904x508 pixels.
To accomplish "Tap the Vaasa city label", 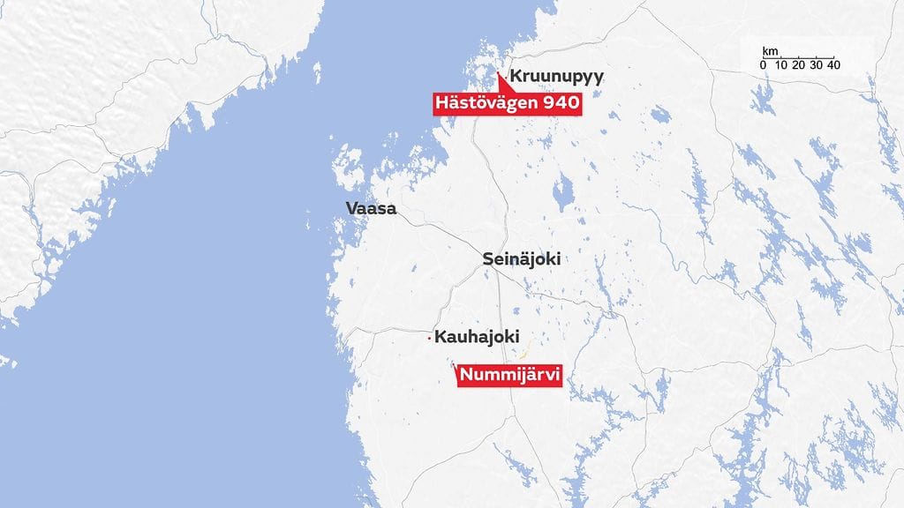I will point(372,210).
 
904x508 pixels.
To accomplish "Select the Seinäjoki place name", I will point(522,259).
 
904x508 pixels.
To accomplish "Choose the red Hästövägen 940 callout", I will point(508,104).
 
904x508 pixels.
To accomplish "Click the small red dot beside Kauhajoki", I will point(429,338).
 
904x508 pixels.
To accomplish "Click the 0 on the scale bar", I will point(763,66).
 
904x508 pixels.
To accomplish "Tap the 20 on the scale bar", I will point(798,66).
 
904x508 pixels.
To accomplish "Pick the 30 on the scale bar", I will point(816,66).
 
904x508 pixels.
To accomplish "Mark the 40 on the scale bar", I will point(833,66).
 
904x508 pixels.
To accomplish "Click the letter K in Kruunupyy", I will point(516,78).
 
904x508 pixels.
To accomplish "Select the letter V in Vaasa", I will point(351,210).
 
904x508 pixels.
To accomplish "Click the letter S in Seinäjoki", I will point(488,259).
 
